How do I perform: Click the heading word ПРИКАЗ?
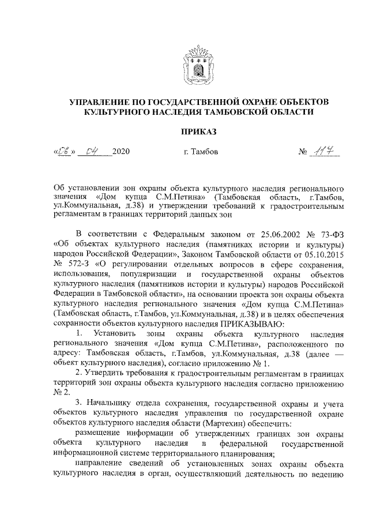(x=198, y=132)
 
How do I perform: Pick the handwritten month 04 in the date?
(x=92, y=152)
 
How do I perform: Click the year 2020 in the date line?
(x=121, y=153)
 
